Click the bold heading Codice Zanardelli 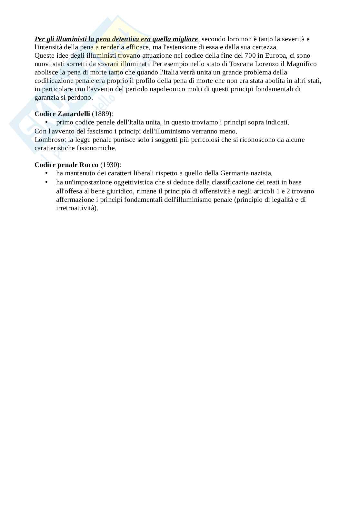[62, 114]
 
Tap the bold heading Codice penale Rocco [66, 165]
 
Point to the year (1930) [110, 165]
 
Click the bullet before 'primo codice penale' [46, 122]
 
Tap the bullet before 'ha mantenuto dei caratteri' [46, 173]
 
